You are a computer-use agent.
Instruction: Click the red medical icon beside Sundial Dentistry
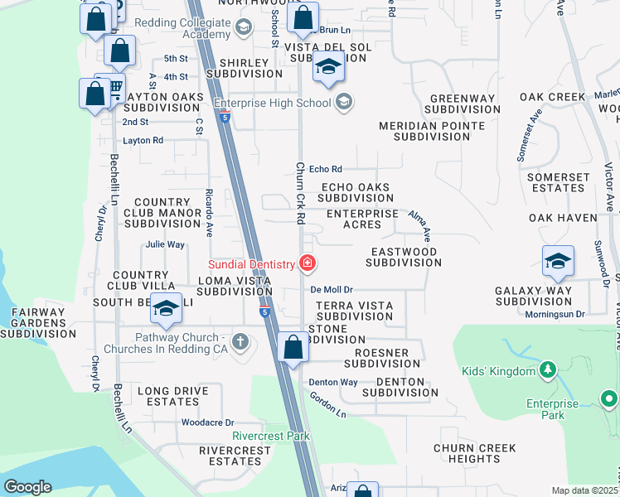pyautogui.click(x=308, y=264)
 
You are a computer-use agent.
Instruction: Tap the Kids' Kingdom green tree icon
pyautogui.click(x=547, y=370)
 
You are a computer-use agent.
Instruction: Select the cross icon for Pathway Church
pyautogui.click(x=240, y=341)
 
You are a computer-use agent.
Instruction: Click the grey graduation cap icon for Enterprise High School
pyautogui.click(x=344, y=103)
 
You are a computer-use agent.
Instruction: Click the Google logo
pyautogui.click(x=27, y=486)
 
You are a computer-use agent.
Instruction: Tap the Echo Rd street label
pyautogui.click(x=325, y=170)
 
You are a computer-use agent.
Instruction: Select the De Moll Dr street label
pyautogui.click(x=332, y=290)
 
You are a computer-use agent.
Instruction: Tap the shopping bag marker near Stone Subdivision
pyautogui.click(x=293, y=347)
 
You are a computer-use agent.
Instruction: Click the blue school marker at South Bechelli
pyautogui.click(x=167, y=309)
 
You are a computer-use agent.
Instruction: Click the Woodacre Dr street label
pyautogui.click(x=208, y=422)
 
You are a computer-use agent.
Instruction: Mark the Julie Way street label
pyautogui.click(x=165, y=244)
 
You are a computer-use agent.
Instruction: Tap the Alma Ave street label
pyautogui.click(x=418, y=224)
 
